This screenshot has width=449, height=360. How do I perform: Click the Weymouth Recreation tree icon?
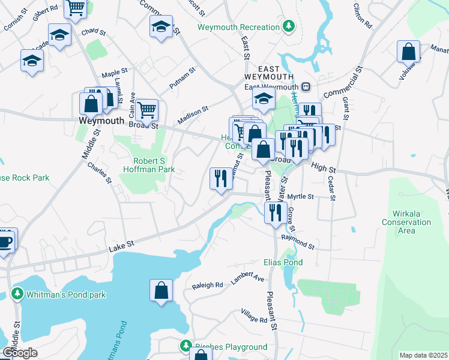289,26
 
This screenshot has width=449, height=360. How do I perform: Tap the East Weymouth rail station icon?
306,86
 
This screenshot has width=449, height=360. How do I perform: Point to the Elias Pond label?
283,262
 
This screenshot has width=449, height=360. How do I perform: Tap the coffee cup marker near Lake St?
5,241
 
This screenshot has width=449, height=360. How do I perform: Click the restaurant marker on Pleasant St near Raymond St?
276,212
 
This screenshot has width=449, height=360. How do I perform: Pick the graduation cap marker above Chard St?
59,35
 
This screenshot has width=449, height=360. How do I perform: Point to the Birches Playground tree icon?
185,346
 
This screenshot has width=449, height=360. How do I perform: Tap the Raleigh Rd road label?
207,285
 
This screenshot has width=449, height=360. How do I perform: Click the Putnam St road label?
182,79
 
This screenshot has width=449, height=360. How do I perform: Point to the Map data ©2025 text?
423,355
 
